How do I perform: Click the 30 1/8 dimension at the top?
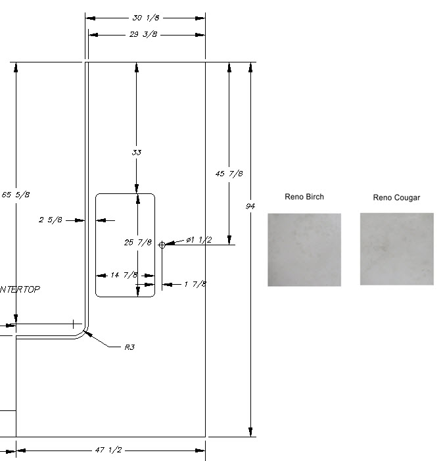[x=146, y=18]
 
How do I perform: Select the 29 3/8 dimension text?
[x=145, y=34]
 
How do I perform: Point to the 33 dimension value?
[x=137, y=153]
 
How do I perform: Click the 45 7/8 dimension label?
[x=229, y=174]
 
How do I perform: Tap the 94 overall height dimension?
[x=250, y=206]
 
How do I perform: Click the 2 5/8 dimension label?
[x=51, y=220]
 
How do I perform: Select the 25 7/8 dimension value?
[x=138, y=243]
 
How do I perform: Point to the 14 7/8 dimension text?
[x=124, y=276]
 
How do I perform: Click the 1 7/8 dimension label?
[x=195, y=284]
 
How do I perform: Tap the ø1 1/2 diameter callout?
[x=198, y=240]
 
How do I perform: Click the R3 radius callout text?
[x=129, y=347]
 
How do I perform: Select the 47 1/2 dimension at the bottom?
[x=109, y=450]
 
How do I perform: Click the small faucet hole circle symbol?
[x=162, y=245]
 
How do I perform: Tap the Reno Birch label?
[x=304, y=197]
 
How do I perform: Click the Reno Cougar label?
[x=396, y=197]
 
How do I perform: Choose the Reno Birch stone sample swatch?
[x=304, y=249]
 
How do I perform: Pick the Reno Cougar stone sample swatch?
[x=396, y=249]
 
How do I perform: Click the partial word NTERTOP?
[x=19, y=289]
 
